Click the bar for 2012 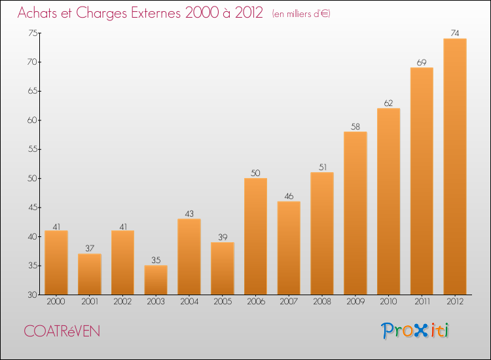tap(454, 167)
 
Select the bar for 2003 tap(156, 280)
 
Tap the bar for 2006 tap(255, 236)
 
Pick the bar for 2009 tap(355, 213)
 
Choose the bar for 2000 tap(56, 262)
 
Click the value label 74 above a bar tap(454, 33)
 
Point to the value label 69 tap(422, 62)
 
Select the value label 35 tap(156, 260)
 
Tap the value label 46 tap(289, 196)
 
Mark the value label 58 tap(355, 126)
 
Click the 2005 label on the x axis tap(222, 302)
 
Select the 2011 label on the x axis tap(422, 302)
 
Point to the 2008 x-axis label tap(321, 302)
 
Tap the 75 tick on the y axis tap(32, 33)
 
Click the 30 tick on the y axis tap(32, 295)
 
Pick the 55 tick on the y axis tap(32, 149)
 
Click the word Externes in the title tap(160, 12)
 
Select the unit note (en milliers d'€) tap(301, 14)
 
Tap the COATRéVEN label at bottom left tap(62, 331)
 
